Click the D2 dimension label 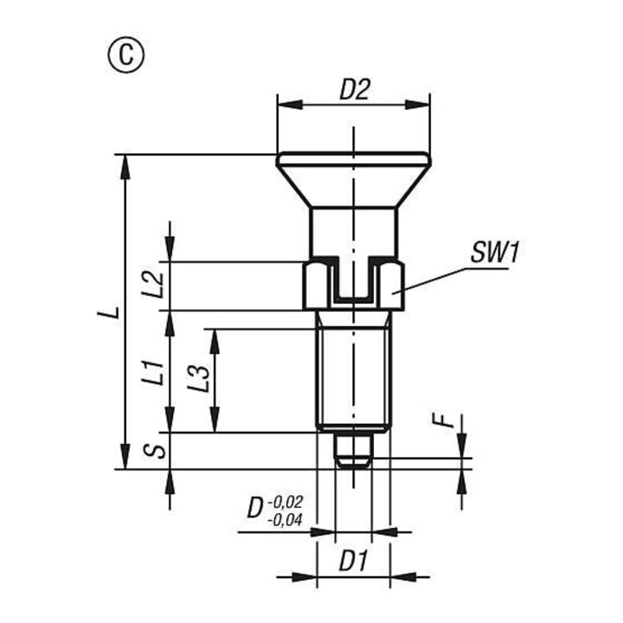pyautogui.click(x=355, y=89)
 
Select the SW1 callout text pyautogui.click(x=495, y=252)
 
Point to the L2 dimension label pyautogui.click(x=153, y=285)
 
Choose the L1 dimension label pyautogui.click(x=153, y=373)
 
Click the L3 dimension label pyautogui.click(x=198, y=378)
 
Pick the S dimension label pyautogui.click(x=156, y=451)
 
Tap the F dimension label pyautogui.click(x=444, y=421)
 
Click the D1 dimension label pyautogui.click(x=354, y=561)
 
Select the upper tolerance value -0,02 pyautogui.click(x=286, y=501)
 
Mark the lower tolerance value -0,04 pyautogui.click(x=286, y=520)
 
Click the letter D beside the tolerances pyautogui.click(x=255, y=509)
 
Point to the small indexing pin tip pyautogui.click(x=353, y=452)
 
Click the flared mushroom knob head pyautogui.click(x=353, y=180)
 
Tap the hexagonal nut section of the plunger pyautogui.click(x=353, y=286)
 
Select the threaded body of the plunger pyautogui.click(x=353, y=371)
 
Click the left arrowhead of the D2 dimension pyautogui.click(x=290, y=106)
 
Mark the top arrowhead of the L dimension pyautogui.click(x=125, y=167)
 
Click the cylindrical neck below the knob pyautogui.click(x=353, y=234)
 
